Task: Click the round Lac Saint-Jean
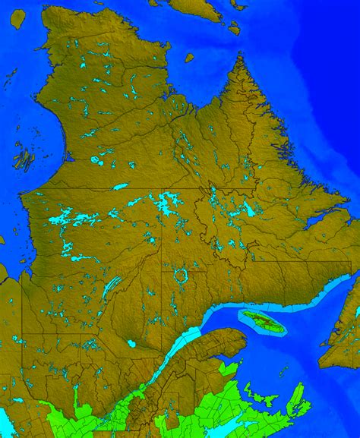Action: (x=131, y=343)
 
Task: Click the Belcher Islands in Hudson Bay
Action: (x=25, y=159)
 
